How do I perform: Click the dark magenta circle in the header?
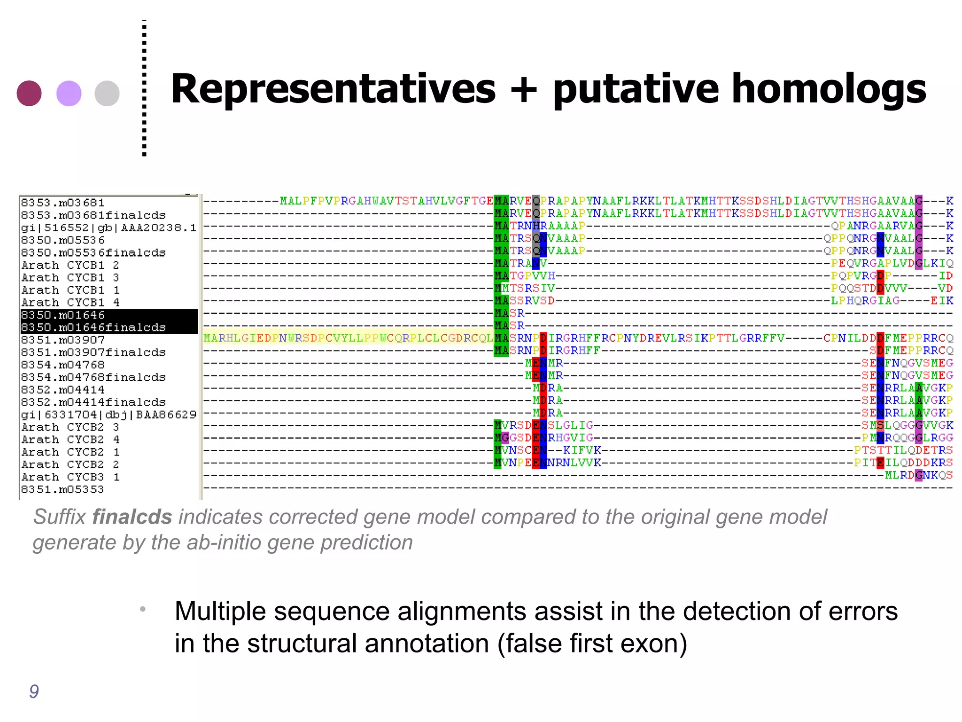pyautogui.click(x=29, y=93)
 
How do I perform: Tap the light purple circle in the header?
pyautogui.click(x=69, y=93)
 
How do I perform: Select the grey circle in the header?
pyautogui.click(x=107, y=93)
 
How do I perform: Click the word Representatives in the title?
pyautogui.click(x=333, y=89)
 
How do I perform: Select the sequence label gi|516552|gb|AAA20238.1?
pyautogui.click(x=109, y=228)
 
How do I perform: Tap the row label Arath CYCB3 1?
pyautogui.click(x=70, y=477)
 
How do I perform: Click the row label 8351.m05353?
pyautogui.click(x=62, y=490)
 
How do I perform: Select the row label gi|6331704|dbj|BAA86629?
pyautogui.click(x=109, y=415)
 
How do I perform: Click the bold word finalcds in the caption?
pyautogui.click(x=132, y=517)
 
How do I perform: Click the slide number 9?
pyautogui.click(x=34, y=691)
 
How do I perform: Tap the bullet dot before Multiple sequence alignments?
pyautogui.click(x=142, y=610)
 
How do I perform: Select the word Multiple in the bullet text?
pyautogui.click(x=220, y=612)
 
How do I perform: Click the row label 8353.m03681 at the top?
pyautogui.click(x=62, y=203)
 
